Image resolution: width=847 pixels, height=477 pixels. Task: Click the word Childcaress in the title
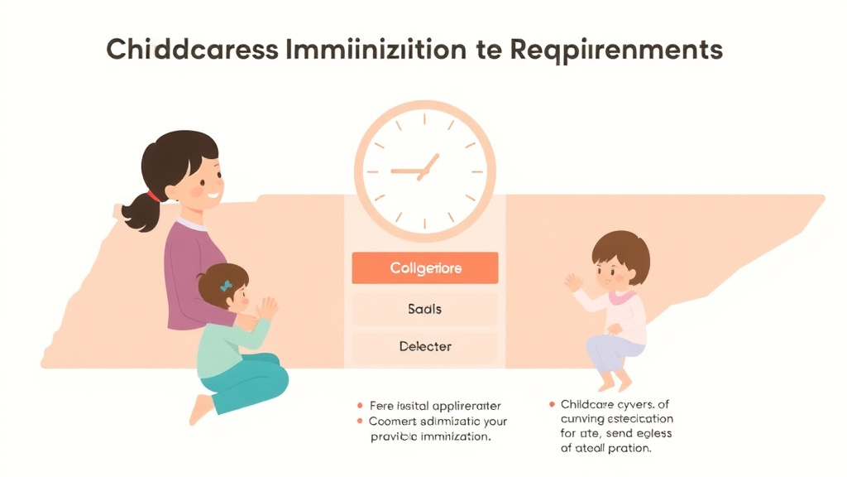coord(191,49)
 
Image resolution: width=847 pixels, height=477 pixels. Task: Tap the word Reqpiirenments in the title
coord(616,50)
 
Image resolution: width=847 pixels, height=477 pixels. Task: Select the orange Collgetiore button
coord(425,268)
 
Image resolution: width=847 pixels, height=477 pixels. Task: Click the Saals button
coord(425,309)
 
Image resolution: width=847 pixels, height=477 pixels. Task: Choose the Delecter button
coord(425,346)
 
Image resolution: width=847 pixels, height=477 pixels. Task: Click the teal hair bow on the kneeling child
coord(225,285)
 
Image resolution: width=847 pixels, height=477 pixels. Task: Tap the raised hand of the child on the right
coord(573,282)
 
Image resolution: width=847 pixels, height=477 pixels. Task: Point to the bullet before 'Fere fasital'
coord(360,406)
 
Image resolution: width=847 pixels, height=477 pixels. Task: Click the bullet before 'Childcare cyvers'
coord(552,404)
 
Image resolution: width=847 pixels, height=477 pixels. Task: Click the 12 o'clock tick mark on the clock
coord(424,118)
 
